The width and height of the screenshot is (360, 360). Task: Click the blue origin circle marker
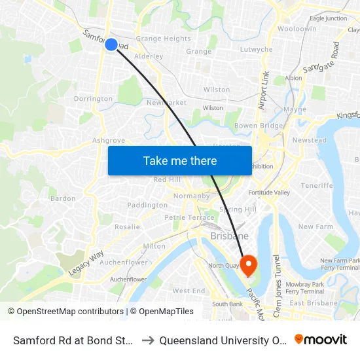111,45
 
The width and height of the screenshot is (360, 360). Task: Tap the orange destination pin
249,264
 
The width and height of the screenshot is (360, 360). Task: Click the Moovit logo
321,340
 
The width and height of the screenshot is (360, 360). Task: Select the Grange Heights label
163,39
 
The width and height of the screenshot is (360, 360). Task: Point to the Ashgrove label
109,140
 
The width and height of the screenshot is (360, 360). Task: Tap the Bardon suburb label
63,198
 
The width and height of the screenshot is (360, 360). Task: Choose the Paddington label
147,205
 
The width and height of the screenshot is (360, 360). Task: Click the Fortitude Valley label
269,192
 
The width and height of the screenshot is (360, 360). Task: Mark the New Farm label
315,226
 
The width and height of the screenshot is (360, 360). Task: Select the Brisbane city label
229,236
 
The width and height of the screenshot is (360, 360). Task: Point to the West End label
189,291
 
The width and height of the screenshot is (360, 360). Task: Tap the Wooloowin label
297,29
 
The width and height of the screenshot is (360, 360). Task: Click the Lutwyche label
257,50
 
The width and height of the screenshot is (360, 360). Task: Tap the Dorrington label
94,99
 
